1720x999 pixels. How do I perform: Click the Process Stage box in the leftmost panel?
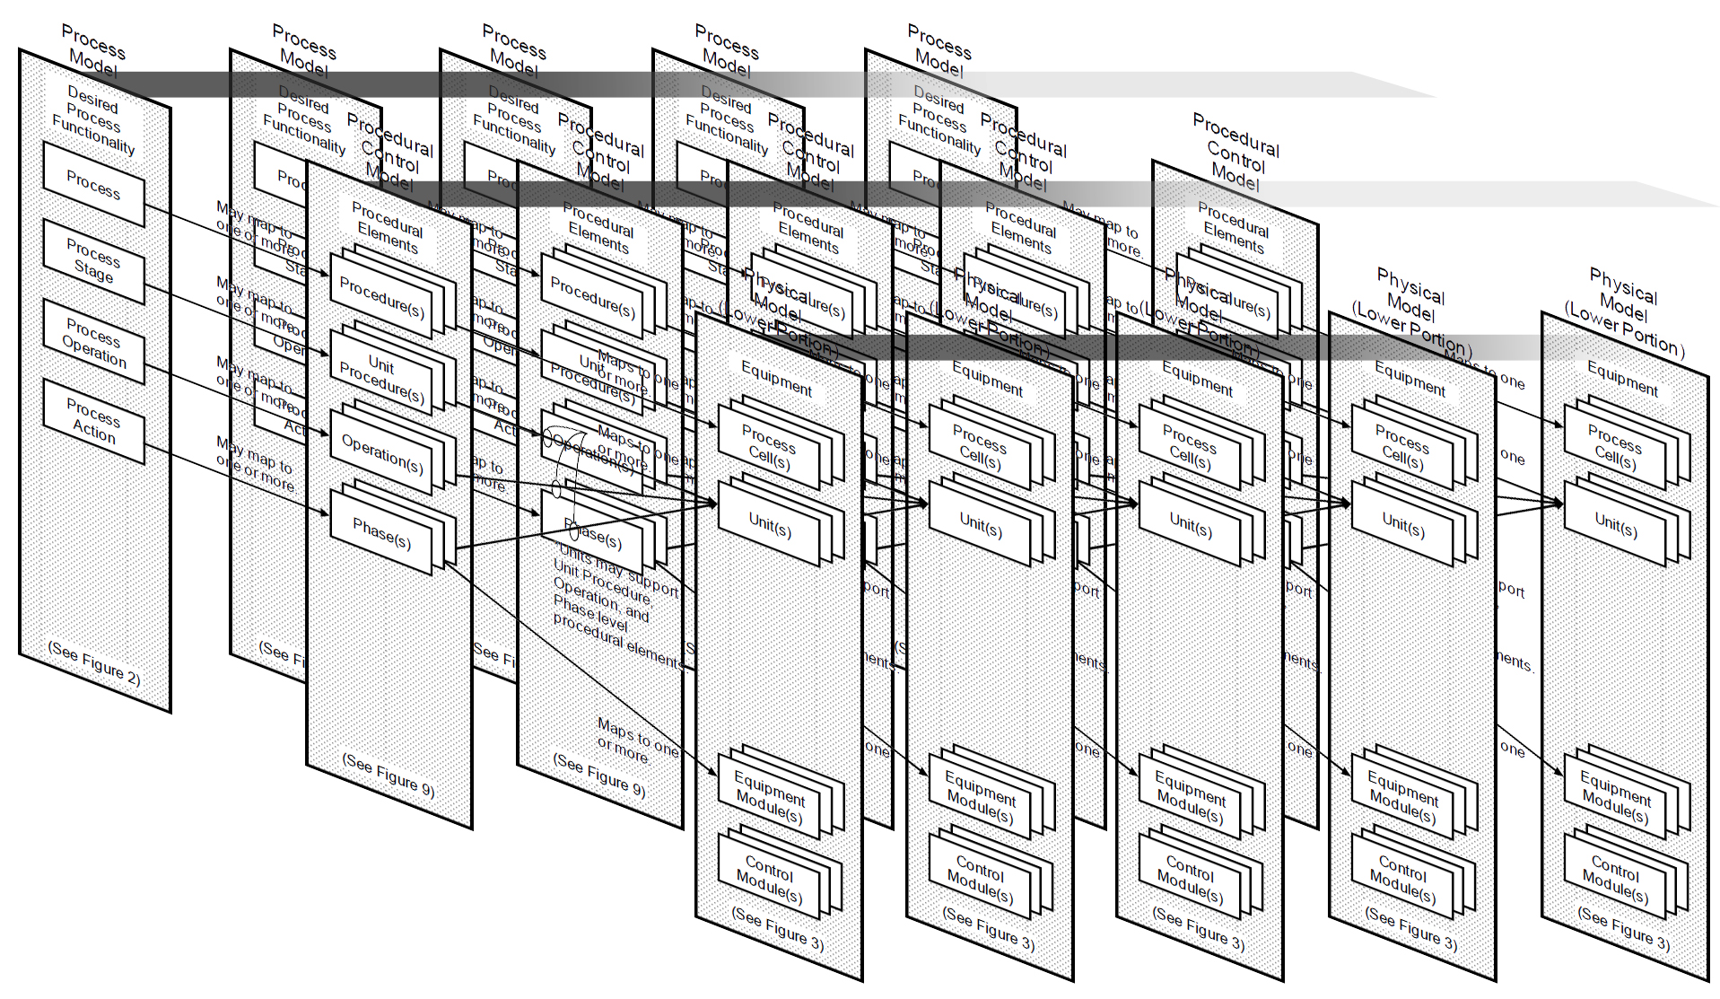click(x=93, y=260)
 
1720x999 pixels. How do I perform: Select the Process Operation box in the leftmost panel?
click(x=93, y=342)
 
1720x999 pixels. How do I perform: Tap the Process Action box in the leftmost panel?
click(x=93, y=421)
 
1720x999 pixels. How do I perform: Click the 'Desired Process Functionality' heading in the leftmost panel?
click(x=93, y=118)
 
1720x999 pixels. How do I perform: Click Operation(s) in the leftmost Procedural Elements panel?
click(x=381, y=454)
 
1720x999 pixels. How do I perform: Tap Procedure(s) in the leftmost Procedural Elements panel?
click(x=381, y=297)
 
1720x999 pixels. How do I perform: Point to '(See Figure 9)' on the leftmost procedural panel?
click(x=388, y=775)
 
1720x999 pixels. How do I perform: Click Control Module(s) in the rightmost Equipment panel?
click(x=1614, y=880)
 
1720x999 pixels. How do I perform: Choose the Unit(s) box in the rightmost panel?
click(x=1615, y=524)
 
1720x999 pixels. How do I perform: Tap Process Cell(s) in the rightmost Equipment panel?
click(x=1615, y=447)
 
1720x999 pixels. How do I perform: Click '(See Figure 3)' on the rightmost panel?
click(x=1623, y=929)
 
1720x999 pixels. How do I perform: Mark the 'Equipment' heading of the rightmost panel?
click(x=1622, y=378)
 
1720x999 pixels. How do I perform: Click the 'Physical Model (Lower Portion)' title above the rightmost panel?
click(x=1624, y=311)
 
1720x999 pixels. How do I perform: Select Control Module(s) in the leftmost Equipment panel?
click(x=769, y=880)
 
